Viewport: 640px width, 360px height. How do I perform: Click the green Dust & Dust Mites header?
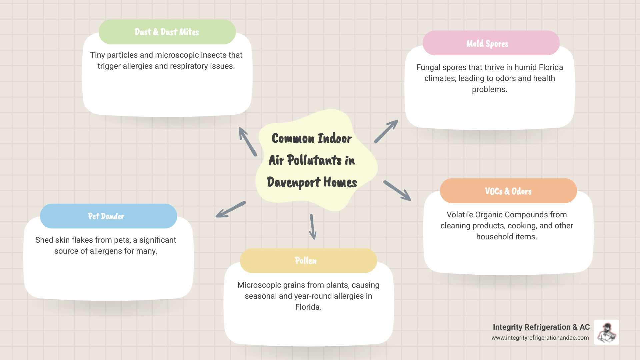[167, 32]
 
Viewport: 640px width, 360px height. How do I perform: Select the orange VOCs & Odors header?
[508, 191]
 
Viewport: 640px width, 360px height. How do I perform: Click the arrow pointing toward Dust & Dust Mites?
[248, 142]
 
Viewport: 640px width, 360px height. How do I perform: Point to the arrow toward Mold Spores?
[386, 132]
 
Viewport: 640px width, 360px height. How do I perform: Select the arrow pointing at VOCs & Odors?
[397, 190]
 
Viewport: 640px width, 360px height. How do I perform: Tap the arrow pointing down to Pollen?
[313, 227]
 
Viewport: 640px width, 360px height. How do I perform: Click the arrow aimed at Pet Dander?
[231, 209]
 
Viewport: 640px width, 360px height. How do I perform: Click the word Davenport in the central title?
[293, 182]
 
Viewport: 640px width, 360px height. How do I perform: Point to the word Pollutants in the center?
[314, 160]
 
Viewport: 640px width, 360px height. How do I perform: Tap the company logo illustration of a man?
[606, 332]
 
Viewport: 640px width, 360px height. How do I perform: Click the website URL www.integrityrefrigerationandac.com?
[540, 338]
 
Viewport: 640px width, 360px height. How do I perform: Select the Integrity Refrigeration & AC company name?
[541, 327]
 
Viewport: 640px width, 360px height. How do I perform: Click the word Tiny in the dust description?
[97, 55]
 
